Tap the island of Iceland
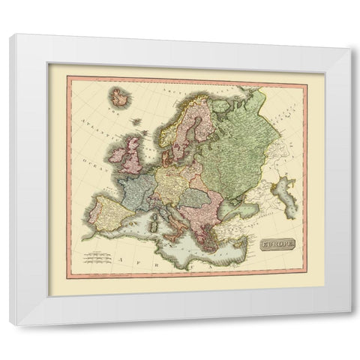(119, 97)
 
